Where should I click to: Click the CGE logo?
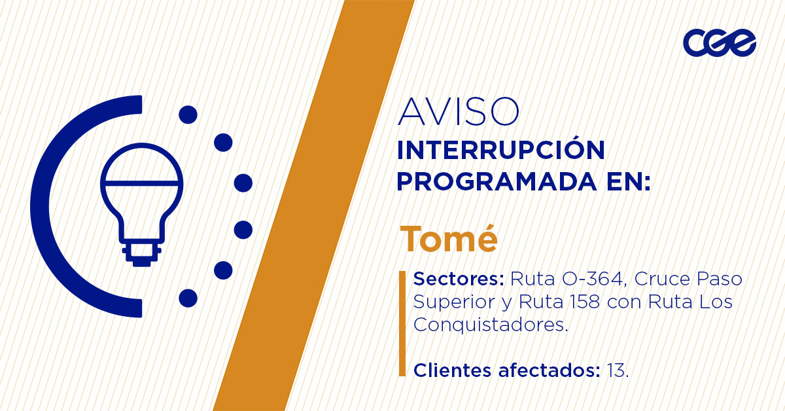[x=720, y=43]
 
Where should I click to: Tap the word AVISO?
[x=458, y=111]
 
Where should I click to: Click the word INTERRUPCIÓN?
[x=501, y=150]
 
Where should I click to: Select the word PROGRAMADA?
[x=497, y=181]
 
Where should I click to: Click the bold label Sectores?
[x=459, y=279]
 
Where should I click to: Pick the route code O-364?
[x=591, y=279]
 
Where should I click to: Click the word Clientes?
[x=453, y=370]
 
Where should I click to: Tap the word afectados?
[x=546, y=370]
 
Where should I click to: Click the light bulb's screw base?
[x=141, y=253]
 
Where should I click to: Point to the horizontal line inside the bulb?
[x=141, y=183]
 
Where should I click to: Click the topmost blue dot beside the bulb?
[x=188, y=115]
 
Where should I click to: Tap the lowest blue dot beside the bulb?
[x=188, y=298]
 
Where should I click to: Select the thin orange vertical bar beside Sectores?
[x=402, y=324]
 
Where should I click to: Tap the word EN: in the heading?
[x=629, y=181]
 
